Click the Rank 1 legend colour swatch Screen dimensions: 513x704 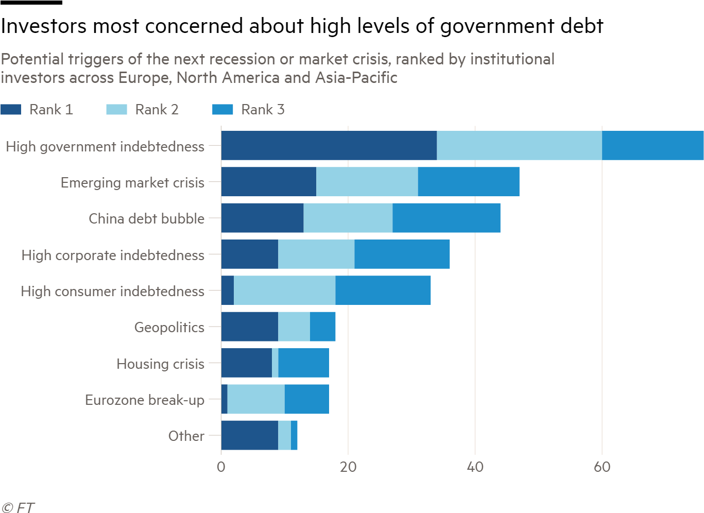(x=11, y=110)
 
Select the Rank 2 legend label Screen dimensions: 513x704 (x=157, y=110)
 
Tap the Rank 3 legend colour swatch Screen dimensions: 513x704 (x=222, y=110)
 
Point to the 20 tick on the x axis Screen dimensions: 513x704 (x=348, y=467)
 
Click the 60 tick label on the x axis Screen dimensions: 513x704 (x=602, y=467)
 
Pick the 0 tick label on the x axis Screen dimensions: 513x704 (x=221, y=467)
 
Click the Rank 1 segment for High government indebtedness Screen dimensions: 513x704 (x=329, y=146)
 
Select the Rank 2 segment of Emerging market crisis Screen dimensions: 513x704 (x=367, y=182)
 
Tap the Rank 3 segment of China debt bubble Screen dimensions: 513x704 (x=446, y=218)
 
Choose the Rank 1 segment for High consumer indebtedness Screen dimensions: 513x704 (x=227, y=290)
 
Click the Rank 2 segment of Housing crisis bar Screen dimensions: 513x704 (x=275, y=363)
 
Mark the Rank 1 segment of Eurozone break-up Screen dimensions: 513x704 (x=224, y=399)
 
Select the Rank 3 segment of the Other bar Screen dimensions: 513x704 (x=294, y=435)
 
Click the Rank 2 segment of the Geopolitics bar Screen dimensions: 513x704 (x=294, y=327)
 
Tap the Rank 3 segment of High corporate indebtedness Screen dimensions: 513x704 (x=402, y=254)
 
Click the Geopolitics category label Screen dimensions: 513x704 (x=169, y=328)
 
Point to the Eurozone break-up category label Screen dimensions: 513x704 (x=144, y=400)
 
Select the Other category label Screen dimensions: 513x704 (x=186, y=436)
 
